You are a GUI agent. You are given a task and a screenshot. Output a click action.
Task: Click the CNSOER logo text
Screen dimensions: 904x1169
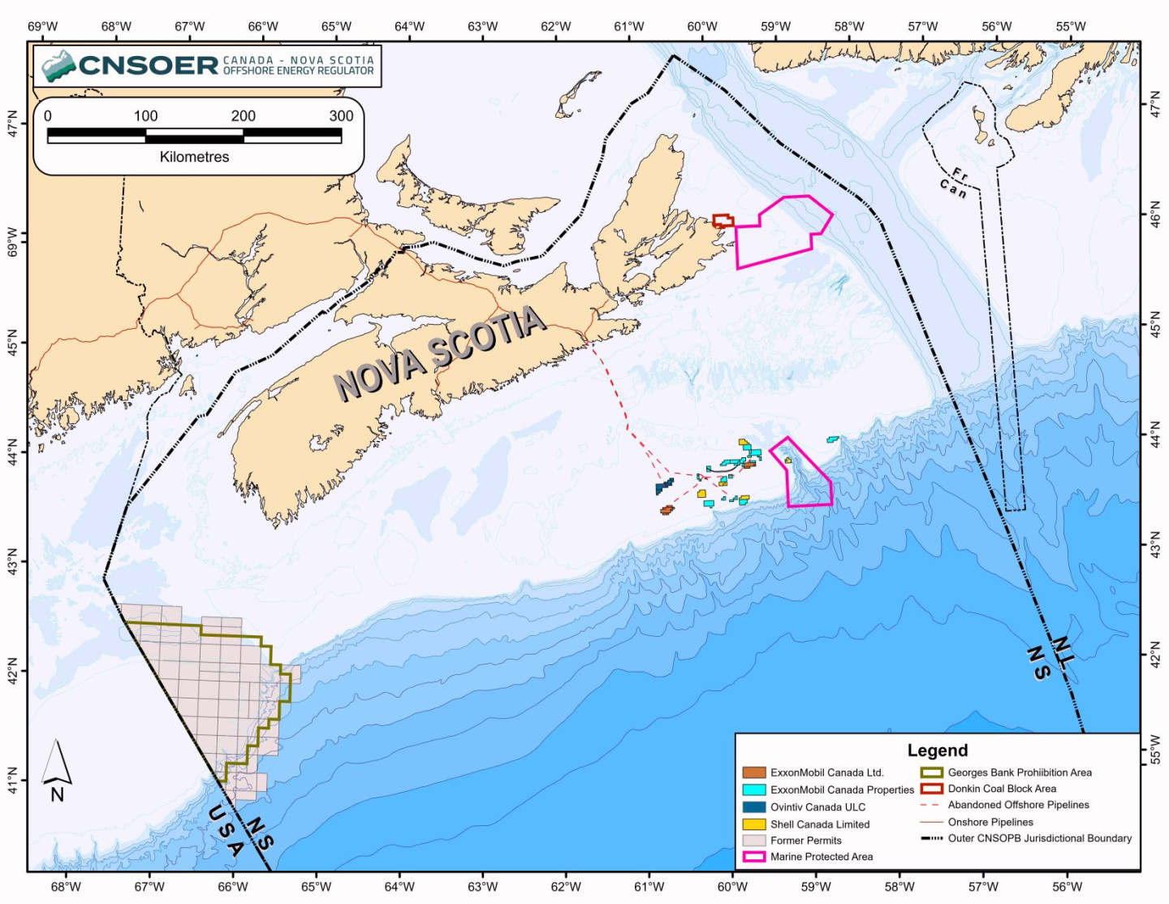(149, 65)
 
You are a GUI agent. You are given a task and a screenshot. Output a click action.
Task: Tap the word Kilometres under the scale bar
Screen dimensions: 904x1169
(194, 157)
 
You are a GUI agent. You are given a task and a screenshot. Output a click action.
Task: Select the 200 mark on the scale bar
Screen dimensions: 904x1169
(243, 116)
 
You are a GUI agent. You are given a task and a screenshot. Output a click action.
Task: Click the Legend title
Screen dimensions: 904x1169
(937, 750)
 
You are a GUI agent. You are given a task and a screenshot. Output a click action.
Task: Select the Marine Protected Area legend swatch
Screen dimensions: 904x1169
(754, 857)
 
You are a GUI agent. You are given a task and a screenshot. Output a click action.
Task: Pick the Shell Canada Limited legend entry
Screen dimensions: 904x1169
(819, 824)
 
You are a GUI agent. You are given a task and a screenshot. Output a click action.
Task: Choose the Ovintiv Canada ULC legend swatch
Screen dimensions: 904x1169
(754, 807)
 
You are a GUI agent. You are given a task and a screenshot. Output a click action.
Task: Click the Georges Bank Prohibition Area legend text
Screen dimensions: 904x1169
(1020, 772)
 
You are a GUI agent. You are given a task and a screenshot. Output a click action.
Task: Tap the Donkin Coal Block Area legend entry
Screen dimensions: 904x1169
(1002, 789)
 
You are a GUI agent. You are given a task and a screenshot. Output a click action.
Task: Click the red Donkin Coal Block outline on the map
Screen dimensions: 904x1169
(723, 220)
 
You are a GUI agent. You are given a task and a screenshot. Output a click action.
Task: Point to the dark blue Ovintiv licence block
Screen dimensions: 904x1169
(664, 487)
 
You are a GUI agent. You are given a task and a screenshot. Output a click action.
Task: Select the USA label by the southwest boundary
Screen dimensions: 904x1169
(225, 830)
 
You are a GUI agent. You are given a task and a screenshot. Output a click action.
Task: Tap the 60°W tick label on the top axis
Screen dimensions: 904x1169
(702, 26)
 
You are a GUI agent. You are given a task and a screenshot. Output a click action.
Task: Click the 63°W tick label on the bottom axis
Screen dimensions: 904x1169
(482, 886)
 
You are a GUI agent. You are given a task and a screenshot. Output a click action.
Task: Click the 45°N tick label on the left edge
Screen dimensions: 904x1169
(11, 342)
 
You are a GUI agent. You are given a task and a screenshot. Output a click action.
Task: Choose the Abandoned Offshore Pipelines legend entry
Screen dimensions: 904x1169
(1018, 805)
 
